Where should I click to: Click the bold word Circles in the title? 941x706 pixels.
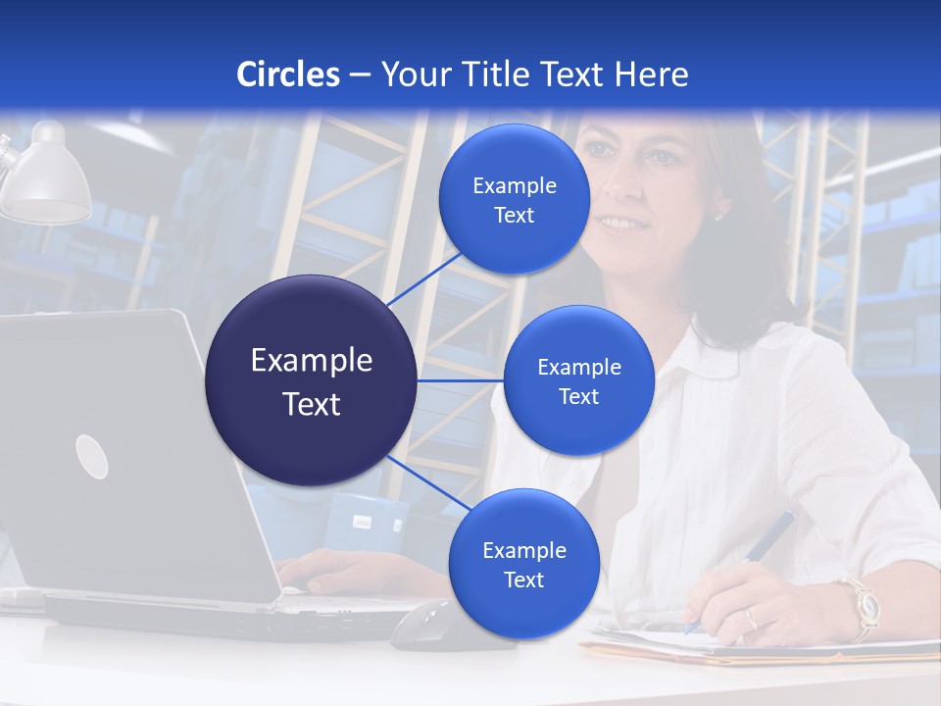point(287,75)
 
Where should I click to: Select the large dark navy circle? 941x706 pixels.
point(311,380)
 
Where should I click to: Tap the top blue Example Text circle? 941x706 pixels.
point(514,199)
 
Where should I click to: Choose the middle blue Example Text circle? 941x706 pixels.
point(578,380)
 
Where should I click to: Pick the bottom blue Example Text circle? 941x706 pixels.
point(523,564)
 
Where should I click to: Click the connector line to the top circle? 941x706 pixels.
point(422,277)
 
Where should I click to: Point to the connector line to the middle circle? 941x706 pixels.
point(460,380)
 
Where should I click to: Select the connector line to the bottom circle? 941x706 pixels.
point(427,483)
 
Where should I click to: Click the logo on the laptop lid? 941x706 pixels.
point(91,456)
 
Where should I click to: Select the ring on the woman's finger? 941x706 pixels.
point(751,618)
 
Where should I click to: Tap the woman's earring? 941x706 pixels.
point(718,213)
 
